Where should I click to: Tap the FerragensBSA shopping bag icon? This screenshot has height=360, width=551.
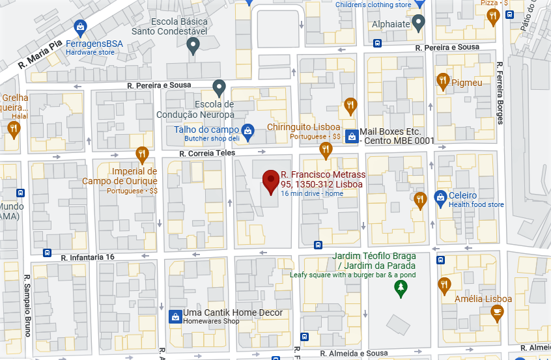click(79, 27)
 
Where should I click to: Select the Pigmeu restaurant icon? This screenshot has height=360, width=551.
click(443, 81)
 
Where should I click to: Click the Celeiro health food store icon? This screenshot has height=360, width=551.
click(440, 196)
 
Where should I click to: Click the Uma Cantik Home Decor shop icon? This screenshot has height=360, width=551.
click(175, 317)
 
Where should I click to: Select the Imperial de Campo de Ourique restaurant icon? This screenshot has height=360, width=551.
click(142, 154)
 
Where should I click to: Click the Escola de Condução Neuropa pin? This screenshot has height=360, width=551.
click(219, 86)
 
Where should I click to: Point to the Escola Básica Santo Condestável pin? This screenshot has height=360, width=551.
click(193, 45)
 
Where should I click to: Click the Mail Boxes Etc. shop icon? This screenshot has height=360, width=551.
click(352, 136)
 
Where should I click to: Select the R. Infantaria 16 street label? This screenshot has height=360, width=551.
click(87, 257)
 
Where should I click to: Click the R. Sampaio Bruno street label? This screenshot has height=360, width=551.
click(27, 306)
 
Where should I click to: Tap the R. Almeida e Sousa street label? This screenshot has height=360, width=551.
click(354, 353)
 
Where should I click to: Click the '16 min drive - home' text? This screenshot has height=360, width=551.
click(312, 194)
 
